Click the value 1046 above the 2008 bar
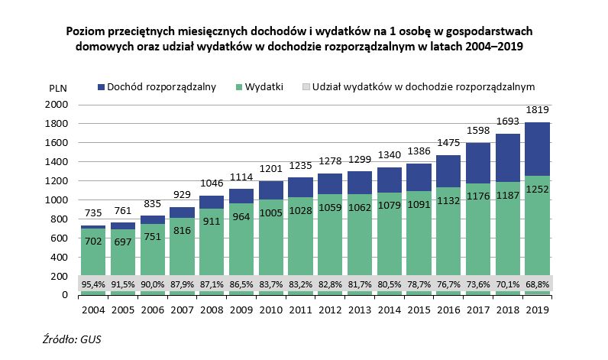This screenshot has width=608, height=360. pos(211,183)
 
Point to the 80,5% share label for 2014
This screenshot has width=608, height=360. pos(390,284)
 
